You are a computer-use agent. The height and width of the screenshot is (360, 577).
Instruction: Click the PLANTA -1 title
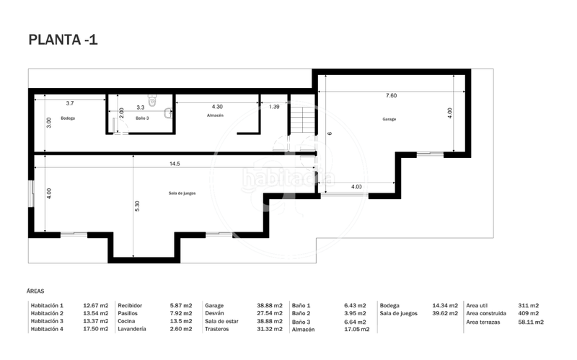(x=63, y=40)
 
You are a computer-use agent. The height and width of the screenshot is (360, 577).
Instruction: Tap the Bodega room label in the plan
(x=68, y=118)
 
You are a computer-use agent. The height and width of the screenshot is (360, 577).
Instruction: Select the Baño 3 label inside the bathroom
(x=141, y=118)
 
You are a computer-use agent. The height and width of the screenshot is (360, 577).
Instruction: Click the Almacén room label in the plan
(x=215, y=115)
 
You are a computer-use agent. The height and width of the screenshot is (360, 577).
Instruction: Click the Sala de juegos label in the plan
(x=182, y=193)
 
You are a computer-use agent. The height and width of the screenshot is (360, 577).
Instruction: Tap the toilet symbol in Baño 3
(x=151, y=101)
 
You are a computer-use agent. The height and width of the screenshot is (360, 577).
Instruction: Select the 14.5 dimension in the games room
(x=175, y=164)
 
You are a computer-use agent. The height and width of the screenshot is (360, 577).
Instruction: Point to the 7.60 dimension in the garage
(x=391, y=95)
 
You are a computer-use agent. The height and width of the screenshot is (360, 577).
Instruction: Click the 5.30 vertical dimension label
(x=136, y=206)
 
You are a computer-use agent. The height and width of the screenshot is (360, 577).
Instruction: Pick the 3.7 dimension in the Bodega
(x=70, y=104)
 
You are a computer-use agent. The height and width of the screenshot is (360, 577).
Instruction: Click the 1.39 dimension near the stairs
(x=274, y=107)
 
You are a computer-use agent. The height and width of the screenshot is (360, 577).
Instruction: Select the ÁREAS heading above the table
(x=36, y=291)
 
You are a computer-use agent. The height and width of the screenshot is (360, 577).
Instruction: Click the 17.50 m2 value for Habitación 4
(x=95, y=329)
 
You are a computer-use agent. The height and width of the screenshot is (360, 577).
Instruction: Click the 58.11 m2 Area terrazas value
(x=531, y=322)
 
